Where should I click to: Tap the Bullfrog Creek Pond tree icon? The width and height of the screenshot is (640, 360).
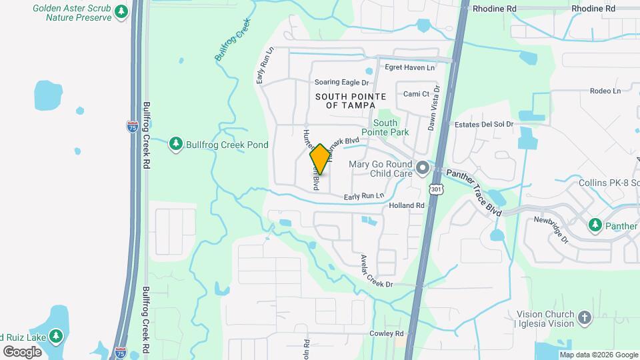175,145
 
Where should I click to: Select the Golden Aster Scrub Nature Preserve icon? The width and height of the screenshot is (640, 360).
121,12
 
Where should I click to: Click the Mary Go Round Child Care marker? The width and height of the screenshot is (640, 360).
421,169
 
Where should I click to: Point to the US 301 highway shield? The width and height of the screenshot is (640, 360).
436,189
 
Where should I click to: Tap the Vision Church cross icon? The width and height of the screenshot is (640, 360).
584,318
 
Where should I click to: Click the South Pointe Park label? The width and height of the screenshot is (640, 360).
390,127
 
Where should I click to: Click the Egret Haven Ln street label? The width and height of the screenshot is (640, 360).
409,67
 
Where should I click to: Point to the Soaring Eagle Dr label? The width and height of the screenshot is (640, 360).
342,83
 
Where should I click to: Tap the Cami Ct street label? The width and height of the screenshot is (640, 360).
416,94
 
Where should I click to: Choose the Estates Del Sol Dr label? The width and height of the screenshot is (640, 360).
484,124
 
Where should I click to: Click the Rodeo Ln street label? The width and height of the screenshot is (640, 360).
605,91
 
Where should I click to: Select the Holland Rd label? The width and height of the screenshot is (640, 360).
407,206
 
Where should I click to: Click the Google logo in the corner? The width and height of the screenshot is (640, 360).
23,351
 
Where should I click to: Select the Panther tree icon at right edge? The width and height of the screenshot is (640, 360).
595,226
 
